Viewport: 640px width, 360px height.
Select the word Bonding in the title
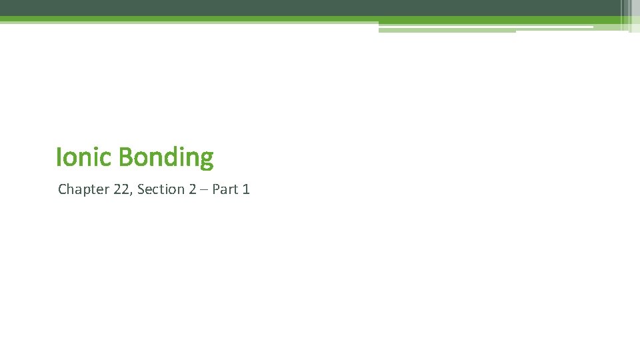pyautogui.click(x=166, y=158)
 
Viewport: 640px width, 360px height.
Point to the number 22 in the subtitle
pyautogui.click(x=121, y=189)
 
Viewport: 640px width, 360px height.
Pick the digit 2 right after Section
pyautogui.click(x=192, y=189)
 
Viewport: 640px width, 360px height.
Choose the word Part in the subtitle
pyautogui.click(x=225, y=189)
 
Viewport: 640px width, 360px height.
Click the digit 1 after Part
pyautogui.click(x=246, y=189)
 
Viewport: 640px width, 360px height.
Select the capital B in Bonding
pyautogui.click(x=125, y=157)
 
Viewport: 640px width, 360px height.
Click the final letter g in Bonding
pyautogui.click(x=207, y=160)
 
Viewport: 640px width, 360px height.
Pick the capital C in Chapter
pyautogui.click(x=63, y=189)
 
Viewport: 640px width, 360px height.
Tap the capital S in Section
pyautogui.click(x=141, y=189)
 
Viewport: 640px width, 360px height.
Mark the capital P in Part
pyautogui.click(x=216, y=189)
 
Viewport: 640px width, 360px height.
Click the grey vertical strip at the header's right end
pyautogui.click(x=627, y=13)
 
